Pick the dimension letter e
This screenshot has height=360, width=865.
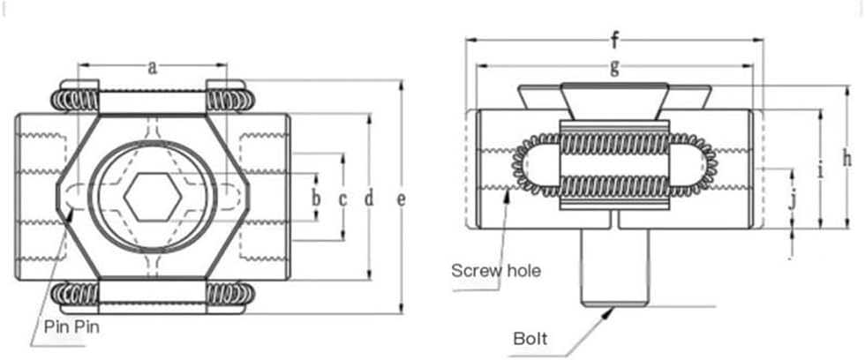(401, 199)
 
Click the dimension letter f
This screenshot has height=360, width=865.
(614, 40)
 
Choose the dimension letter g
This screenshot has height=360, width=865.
(614, 65)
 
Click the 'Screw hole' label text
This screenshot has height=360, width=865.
(495, 269)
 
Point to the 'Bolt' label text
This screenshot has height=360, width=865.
(530, 338)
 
